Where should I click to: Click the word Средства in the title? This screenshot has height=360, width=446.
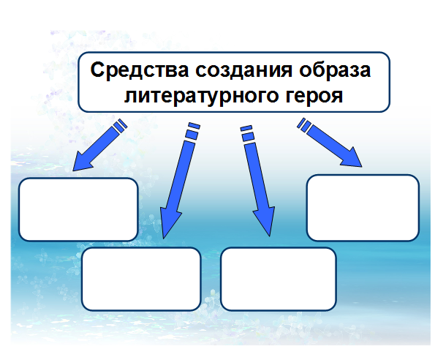[x=140, y=70]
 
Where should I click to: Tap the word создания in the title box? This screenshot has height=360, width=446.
[x=243, y=70]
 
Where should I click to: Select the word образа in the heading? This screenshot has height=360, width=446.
[x=335, y=70]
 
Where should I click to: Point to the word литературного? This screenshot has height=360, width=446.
[x=201, y=96]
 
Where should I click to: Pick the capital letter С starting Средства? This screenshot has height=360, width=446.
[x=97, y=70]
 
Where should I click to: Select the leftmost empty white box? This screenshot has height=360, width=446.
[x=78, y=209]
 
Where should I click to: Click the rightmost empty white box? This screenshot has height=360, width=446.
[x=363, y=208]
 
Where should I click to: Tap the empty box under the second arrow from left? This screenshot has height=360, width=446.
[x=141, y=279]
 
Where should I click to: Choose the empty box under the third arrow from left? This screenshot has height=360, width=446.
[x=279, y=279]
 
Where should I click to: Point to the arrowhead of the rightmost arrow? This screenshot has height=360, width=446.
[x=352, y=158]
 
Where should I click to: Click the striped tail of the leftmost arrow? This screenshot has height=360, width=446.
[x=120, y=126]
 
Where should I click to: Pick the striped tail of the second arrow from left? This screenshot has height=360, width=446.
[x=192, y=132]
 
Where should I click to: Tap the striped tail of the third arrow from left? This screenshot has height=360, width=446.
[x=247, y=133]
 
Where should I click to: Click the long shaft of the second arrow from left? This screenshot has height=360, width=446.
[x=181, y=176]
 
